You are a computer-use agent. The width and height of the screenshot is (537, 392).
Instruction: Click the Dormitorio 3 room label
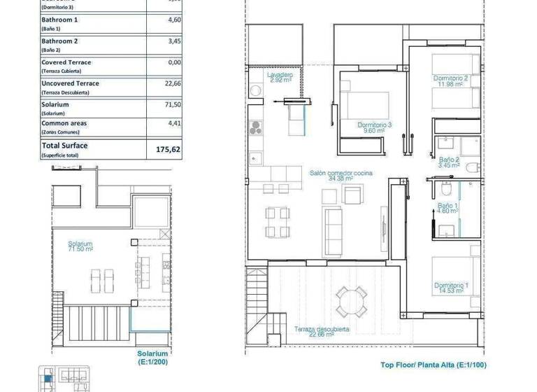(374, 127)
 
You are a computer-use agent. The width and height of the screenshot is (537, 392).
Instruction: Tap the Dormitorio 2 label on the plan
(450, 81)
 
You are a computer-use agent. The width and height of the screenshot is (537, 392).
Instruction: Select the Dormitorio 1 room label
(451, 288)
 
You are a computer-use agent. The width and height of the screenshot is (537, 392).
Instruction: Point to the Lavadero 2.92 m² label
(280, 77)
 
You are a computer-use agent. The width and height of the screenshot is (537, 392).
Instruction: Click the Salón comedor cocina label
(341, 175)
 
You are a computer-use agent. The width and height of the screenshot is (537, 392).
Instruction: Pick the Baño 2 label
(448, 163)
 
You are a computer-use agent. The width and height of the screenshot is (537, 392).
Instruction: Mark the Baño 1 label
(447, 208)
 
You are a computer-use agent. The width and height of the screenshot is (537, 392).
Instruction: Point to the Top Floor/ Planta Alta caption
(434, 365)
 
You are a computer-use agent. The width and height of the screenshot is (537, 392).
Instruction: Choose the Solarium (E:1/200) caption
(152, 358)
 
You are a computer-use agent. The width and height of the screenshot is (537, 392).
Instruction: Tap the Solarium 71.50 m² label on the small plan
(80, 246)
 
